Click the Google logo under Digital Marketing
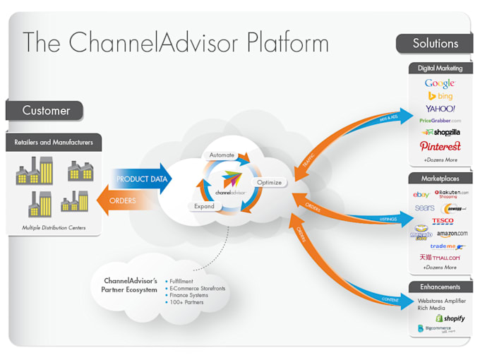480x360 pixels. [x=440, y=83]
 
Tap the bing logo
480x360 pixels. [x=440, y=96]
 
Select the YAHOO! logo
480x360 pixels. [x=440, y=109]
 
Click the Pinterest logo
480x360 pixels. [x=440, y=146]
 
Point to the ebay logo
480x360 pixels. [x=421, y=194]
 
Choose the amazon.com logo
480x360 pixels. [x=452, y=234]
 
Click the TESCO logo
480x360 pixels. [x=443, y=221]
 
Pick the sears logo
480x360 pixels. [x=424, y=208]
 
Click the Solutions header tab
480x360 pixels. [x=435, y=43]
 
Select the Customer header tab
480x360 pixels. [x=46, y=111]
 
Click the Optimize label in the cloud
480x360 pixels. [x=268, y=183]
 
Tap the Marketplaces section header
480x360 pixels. [x=440, y=179]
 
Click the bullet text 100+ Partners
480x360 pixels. [x=186, y=302]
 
